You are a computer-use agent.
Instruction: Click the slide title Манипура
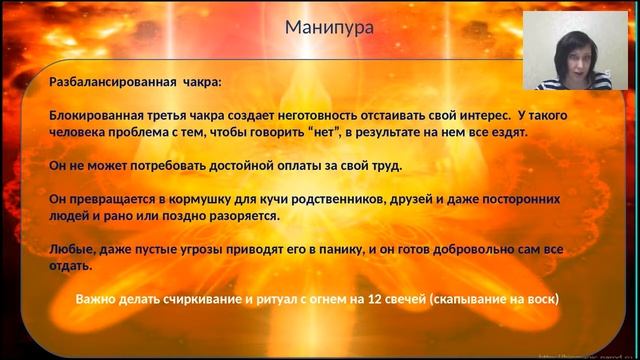(330, 27)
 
